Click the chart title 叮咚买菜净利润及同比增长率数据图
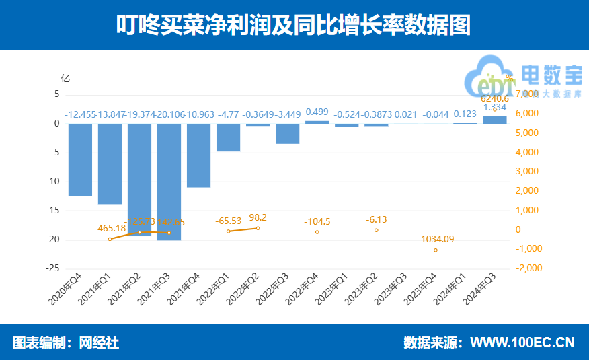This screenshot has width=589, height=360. (294, 26)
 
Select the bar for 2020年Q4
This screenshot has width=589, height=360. (80, 159)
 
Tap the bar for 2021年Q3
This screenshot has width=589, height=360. (169, 182)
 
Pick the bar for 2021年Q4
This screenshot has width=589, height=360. (199, 155)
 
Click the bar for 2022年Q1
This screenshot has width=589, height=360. (229, 137)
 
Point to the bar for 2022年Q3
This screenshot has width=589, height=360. (288, 134)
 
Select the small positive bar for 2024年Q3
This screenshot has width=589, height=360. (494, 120)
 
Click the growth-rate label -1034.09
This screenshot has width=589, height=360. (436, 239)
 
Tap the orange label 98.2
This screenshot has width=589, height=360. (258, 217)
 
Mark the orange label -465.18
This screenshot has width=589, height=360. (110, 229)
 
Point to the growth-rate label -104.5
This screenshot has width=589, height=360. (317, 221)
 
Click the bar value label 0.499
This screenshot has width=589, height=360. (317, 112)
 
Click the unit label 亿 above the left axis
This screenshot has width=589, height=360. (65, 78)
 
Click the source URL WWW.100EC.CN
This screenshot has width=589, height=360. (522, 343)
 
